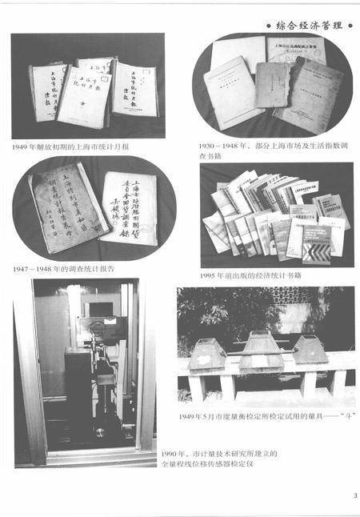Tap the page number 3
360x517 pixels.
pos(353,495)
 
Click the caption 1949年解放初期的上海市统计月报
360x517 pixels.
pos(70,148)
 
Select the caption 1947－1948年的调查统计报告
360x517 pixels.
pos(63,267)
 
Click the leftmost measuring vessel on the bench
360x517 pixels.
pos(206,352)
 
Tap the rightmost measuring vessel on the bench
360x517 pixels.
pos(309,350)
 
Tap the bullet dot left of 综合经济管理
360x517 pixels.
pos(266,26)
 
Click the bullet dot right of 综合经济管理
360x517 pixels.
pos(348,26)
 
